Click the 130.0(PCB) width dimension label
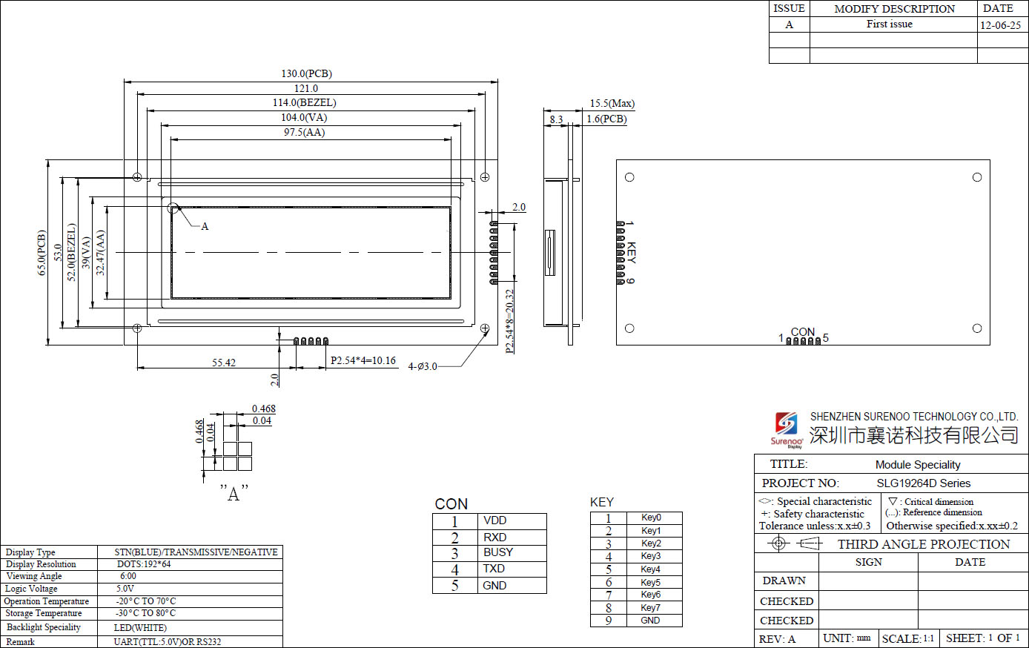click(x=306, y=74)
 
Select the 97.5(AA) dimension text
click(x=304, y=133)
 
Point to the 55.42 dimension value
click(x=224, y=363)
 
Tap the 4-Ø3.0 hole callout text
click(x=423, y=366)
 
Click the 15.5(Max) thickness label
click(x=612, y=104)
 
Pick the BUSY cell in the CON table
click(x=497, y=552)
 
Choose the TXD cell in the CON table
click(x=494, y=569)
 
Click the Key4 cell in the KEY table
click(x=650, y=569)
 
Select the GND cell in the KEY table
click(x=650, y=621)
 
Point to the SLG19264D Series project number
click(x=923, y=483)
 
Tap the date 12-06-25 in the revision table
click(x=1000, y=25)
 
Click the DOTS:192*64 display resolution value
click(x=144, y=564)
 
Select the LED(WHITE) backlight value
click(x=140, y=628)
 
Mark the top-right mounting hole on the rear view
click(x=977, y=177)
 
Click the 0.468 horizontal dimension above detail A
click(x=263, y=409)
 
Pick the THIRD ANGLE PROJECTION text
click(x=924, y=544)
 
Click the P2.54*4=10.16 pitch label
click(x=363, y=361)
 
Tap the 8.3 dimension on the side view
click(x=556, y=119)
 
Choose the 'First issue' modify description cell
click(x=890, y=24)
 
